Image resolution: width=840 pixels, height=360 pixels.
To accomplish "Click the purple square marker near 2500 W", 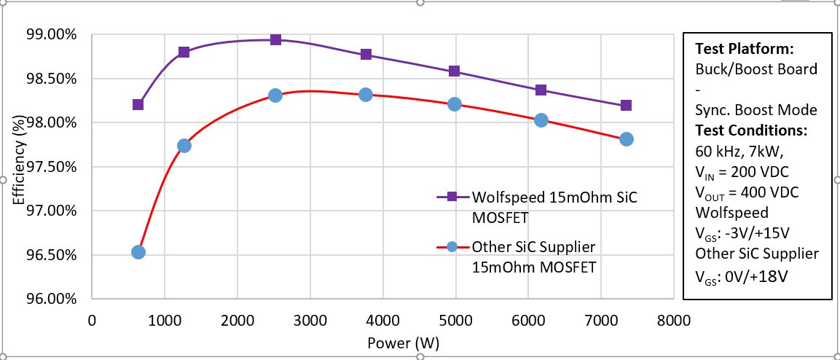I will point(275,39).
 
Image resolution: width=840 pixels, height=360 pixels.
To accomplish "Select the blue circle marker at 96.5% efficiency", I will point(138,252).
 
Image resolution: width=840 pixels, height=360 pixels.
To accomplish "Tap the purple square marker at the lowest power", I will point(138,104).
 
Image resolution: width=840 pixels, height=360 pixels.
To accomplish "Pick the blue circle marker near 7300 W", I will point(627,139).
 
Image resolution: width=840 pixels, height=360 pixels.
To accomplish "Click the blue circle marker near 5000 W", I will point(455,104).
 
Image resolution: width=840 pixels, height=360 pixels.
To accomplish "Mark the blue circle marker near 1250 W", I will point(184,146).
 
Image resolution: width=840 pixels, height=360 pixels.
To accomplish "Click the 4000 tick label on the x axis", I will point(382,320).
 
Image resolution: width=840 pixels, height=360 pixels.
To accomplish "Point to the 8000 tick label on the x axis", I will point(673,320).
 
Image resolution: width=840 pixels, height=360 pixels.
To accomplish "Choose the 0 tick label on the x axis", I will point(92,320).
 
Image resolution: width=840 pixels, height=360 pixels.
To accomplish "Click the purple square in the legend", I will point(452,197).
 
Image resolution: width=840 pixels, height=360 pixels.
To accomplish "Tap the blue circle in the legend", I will point(452,246).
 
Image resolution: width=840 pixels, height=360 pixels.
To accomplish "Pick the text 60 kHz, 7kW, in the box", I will point(737,152).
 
